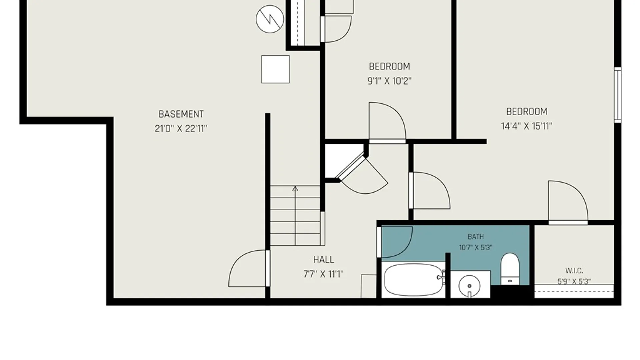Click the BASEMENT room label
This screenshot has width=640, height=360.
pyautogui.click(x=181, y=114)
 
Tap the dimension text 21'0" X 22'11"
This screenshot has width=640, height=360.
pyautogui.click(x=181, y=129)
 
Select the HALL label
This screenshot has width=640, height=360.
pyautogui.click(x=323, y=260)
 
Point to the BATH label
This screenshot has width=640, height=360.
pyautogui.click(x=476, y=237)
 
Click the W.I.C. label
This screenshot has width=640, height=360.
pyautogui.click(x=574, y=271)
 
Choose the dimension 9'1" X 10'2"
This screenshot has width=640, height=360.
pyautogui.click(x=389, y=81)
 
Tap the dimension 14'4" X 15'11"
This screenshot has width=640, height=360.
pyautogui.click(x=527, y=126)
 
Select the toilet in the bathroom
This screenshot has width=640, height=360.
pyautogui.click(x=510, y=269)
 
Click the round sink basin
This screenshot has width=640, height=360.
pyautogui.click(x=469, y=286)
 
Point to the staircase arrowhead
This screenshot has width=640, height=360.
pyautogui.click(x=295, y=189)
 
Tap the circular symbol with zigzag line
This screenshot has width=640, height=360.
pyautogui.click(x=270, y=19)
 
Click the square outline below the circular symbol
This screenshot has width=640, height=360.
pyautogui.click(x=275, y=69)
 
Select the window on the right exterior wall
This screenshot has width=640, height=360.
pyautogui.click(x=618, y=95)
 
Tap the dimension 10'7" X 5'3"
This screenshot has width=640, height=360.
pyautogui.click(x=476, y=248)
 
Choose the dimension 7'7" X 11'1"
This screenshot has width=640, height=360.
pyautogui.click(x=323, y=274)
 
